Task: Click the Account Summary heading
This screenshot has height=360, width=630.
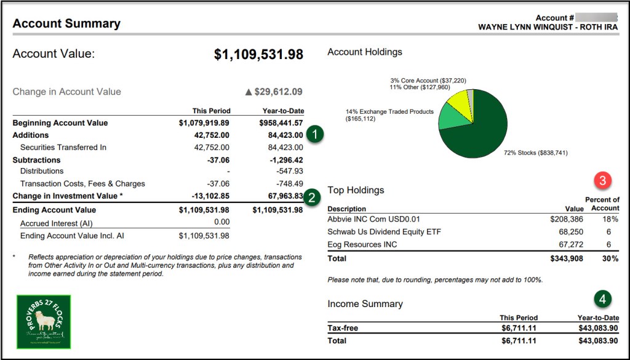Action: [66, 24]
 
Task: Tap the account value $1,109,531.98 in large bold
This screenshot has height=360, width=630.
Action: [258, 54]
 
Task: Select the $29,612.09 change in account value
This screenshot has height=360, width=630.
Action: [274, 92]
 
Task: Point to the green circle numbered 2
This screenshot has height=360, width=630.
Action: [313, 197]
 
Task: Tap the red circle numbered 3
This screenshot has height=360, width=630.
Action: [604, 181]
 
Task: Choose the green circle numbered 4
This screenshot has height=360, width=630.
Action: [604, 300]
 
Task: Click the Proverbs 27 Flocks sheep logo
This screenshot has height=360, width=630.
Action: [44, 322]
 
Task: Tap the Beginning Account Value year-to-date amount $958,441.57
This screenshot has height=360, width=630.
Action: [277, 123]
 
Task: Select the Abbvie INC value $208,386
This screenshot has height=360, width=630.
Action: [567, 219]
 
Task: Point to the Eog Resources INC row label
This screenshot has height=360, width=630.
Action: [362, 244]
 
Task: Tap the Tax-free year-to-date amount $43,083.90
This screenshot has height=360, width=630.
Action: [599, 329]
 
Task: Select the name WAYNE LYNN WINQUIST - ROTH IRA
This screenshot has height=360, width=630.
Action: [548, 28]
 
